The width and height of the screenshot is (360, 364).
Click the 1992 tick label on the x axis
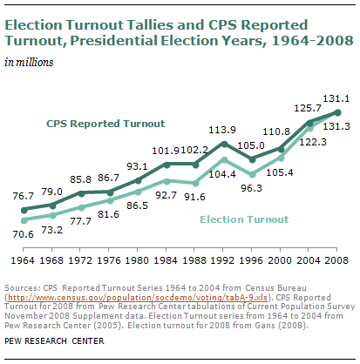pyautogui.click(x=222, y=260)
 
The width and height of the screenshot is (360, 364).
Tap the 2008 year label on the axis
pyautogui.click(x=336, y=260)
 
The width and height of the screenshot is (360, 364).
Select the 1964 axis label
pyautogui.click(x=23, y=260)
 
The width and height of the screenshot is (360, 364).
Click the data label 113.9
pyautogui.click(x=222, y=130)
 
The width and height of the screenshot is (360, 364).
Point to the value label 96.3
pyautogui.click(x=251, y=188)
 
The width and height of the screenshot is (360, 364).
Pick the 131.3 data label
pyautogui.click(x=336, y=126)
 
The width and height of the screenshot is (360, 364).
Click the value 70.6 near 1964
pyautogui.click(x=23, y=234)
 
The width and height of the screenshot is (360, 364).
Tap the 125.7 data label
pyautogui.click(x=308, y=108)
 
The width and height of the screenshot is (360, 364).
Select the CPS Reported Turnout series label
pyautogui.click(x=105, y=124)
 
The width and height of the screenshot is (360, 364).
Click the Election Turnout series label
pyautogui.click(x=244, y=219)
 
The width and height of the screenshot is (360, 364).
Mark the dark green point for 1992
pyautogui.click(x=224, y=144)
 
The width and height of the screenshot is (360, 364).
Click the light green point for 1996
pyautogui.click(x=252, y=174)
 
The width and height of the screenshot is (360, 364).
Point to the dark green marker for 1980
pyautogui.click(x=139, y=180)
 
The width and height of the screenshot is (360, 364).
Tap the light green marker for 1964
pyautogui.click(x=24, y=220)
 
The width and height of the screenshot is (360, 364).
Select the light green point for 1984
pyautogui.click(x=166, y=181)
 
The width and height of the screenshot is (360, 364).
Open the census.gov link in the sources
pyautogui.click(x=138, y=298)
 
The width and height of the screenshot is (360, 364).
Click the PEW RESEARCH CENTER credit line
pyautogui.click(x=54, y=340)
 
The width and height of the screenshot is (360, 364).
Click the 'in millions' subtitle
pyautogui.click(x=29, y=63)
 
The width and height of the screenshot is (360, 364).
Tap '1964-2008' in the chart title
pyautogui.click(x=313, y=41)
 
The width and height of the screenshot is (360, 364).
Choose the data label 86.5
pyautogui.click(x=137, y=206)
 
